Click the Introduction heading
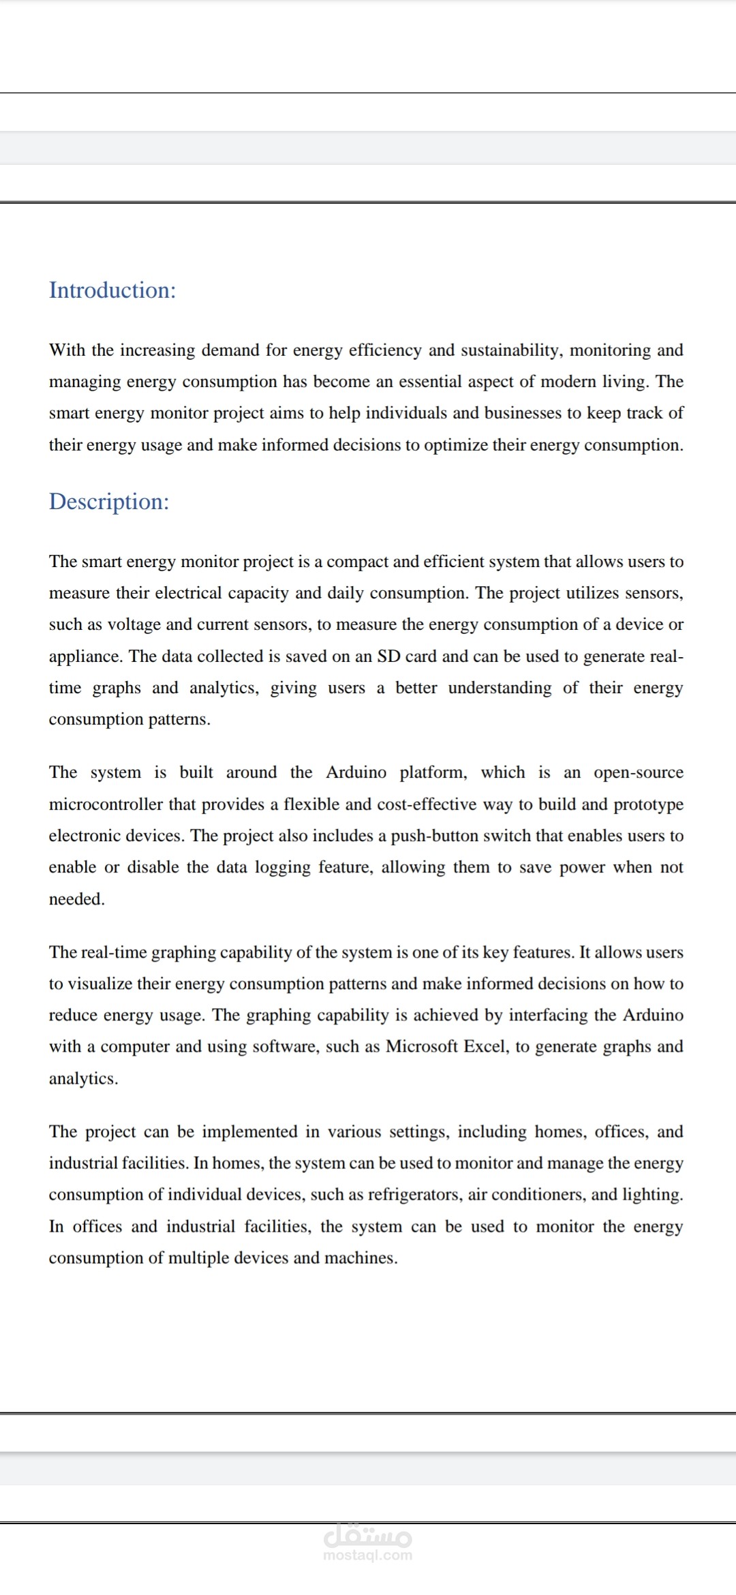(112, 290)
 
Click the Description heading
(109, 502)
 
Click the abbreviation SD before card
(388, 656)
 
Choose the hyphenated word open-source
(638, 772)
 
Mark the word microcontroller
(106, 804)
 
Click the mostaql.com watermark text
(368, 1555)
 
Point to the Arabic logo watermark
(368, 1536)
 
